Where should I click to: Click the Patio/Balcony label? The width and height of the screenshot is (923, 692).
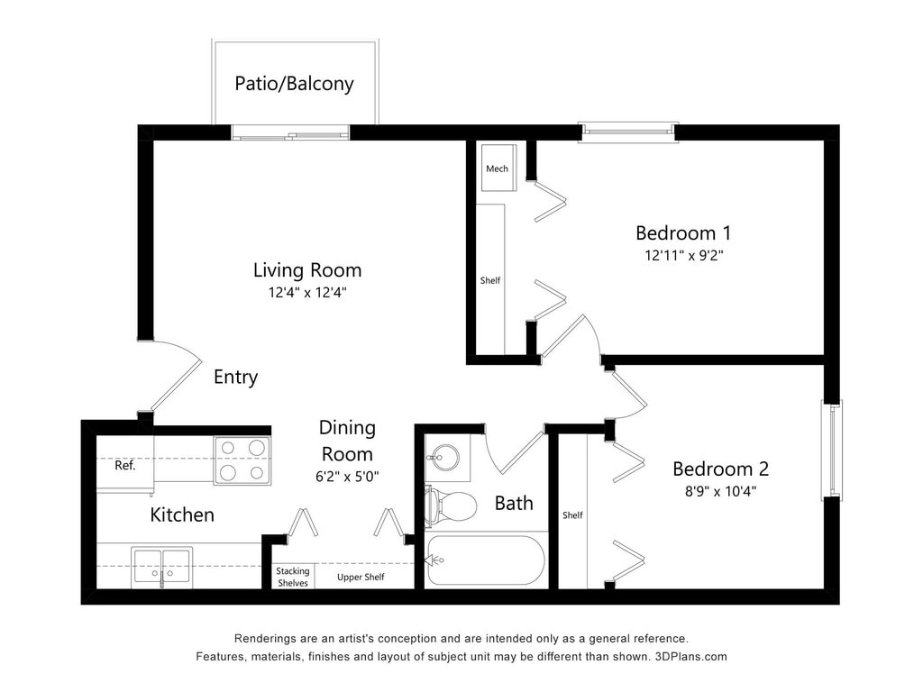[294, 84]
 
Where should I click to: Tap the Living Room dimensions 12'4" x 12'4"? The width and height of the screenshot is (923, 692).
[307, 293]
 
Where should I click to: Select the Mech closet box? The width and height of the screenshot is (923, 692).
[498, 168]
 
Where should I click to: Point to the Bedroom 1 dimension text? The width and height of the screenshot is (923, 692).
[683, 255]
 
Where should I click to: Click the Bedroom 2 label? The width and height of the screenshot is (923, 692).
[720, 469]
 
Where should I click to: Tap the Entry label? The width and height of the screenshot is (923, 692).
[235, 378]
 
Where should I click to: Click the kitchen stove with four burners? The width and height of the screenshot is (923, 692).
[242, 460]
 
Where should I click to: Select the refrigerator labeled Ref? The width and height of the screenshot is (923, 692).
[125, 465]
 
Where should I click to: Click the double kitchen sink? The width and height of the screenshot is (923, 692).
[162, 567]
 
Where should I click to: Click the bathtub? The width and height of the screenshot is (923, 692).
[486, 560]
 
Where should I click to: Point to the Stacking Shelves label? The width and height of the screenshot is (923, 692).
[293, 578]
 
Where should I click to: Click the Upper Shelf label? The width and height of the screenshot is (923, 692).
[361, 578]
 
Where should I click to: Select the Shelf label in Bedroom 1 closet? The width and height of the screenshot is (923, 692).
[490, 281]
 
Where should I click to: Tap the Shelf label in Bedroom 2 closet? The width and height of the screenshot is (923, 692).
[572, 515]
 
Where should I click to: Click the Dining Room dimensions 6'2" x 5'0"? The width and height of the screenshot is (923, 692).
[347, 476]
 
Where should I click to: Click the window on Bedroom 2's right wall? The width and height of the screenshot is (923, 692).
[832, 451]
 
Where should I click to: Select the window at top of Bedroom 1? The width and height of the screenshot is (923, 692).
[628, 132]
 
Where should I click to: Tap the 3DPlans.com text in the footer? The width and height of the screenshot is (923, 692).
[691, 657]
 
